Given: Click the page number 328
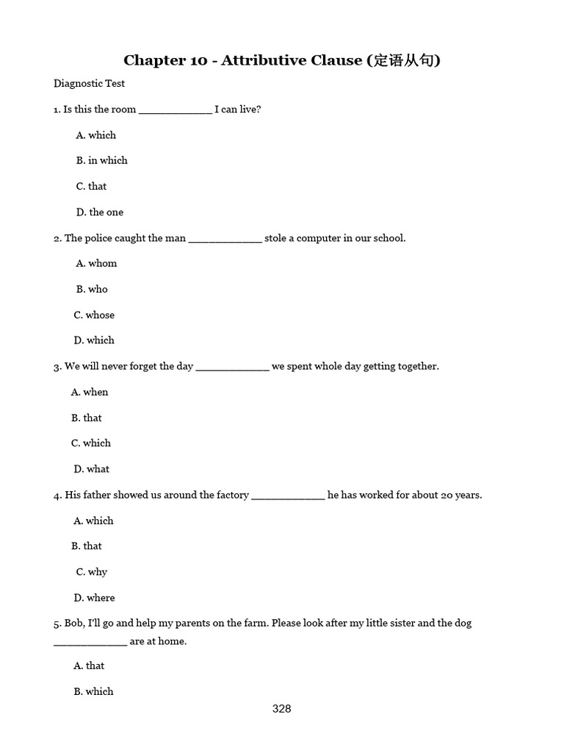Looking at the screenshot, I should tap(281, 709).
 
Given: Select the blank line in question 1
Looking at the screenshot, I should tap(175, 110).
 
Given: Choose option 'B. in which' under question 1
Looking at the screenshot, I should tap(101, 160).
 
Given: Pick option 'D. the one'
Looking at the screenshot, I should tap(100, 213).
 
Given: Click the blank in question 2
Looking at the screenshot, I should tap(225, 239).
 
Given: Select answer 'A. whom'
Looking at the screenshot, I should tap(96, 263).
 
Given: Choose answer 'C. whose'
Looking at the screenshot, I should tap(94, 315).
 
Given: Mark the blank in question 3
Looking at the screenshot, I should tap(232, 367).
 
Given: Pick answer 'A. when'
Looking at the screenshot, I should tap(90, 393).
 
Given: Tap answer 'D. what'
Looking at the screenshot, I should tap(92, 469).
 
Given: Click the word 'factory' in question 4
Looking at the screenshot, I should tap(228, 496).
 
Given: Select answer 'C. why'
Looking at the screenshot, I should tap(92, 572).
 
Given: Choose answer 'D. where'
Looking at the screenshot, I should tap(94, 598).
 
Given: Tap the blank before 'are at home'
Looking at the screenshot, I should tap(90, 642).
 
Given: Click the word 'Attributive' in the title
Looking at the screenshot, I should tap(264, 60).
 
